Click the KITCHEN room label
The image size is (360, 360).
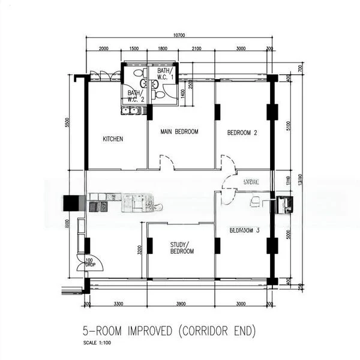pyautogui.click(x=113, y=139)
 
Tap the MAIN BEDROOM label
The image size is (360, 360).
pyautogui.click(x=179, y=131)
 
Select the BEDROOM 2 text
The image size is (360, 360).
pyautogui.click(x=242, y=133)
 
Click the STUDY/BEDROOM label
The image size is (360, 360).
pyautogui.click(x=182, y=248)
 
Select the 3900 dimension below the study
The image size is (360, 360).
pyautogui.click(x=181, y=304)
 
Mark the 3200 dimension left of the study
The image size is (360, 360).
pyautogui.click(x=140, y=250)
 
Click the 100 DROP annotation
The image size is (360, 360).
pyautogui.click(x=89, y=262)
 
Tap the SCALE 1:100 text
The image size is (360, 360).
pyautogui.click(x=98, y=343)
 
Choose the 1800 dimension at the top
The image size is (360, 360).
pyautogui.click(x=162, y=49)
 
